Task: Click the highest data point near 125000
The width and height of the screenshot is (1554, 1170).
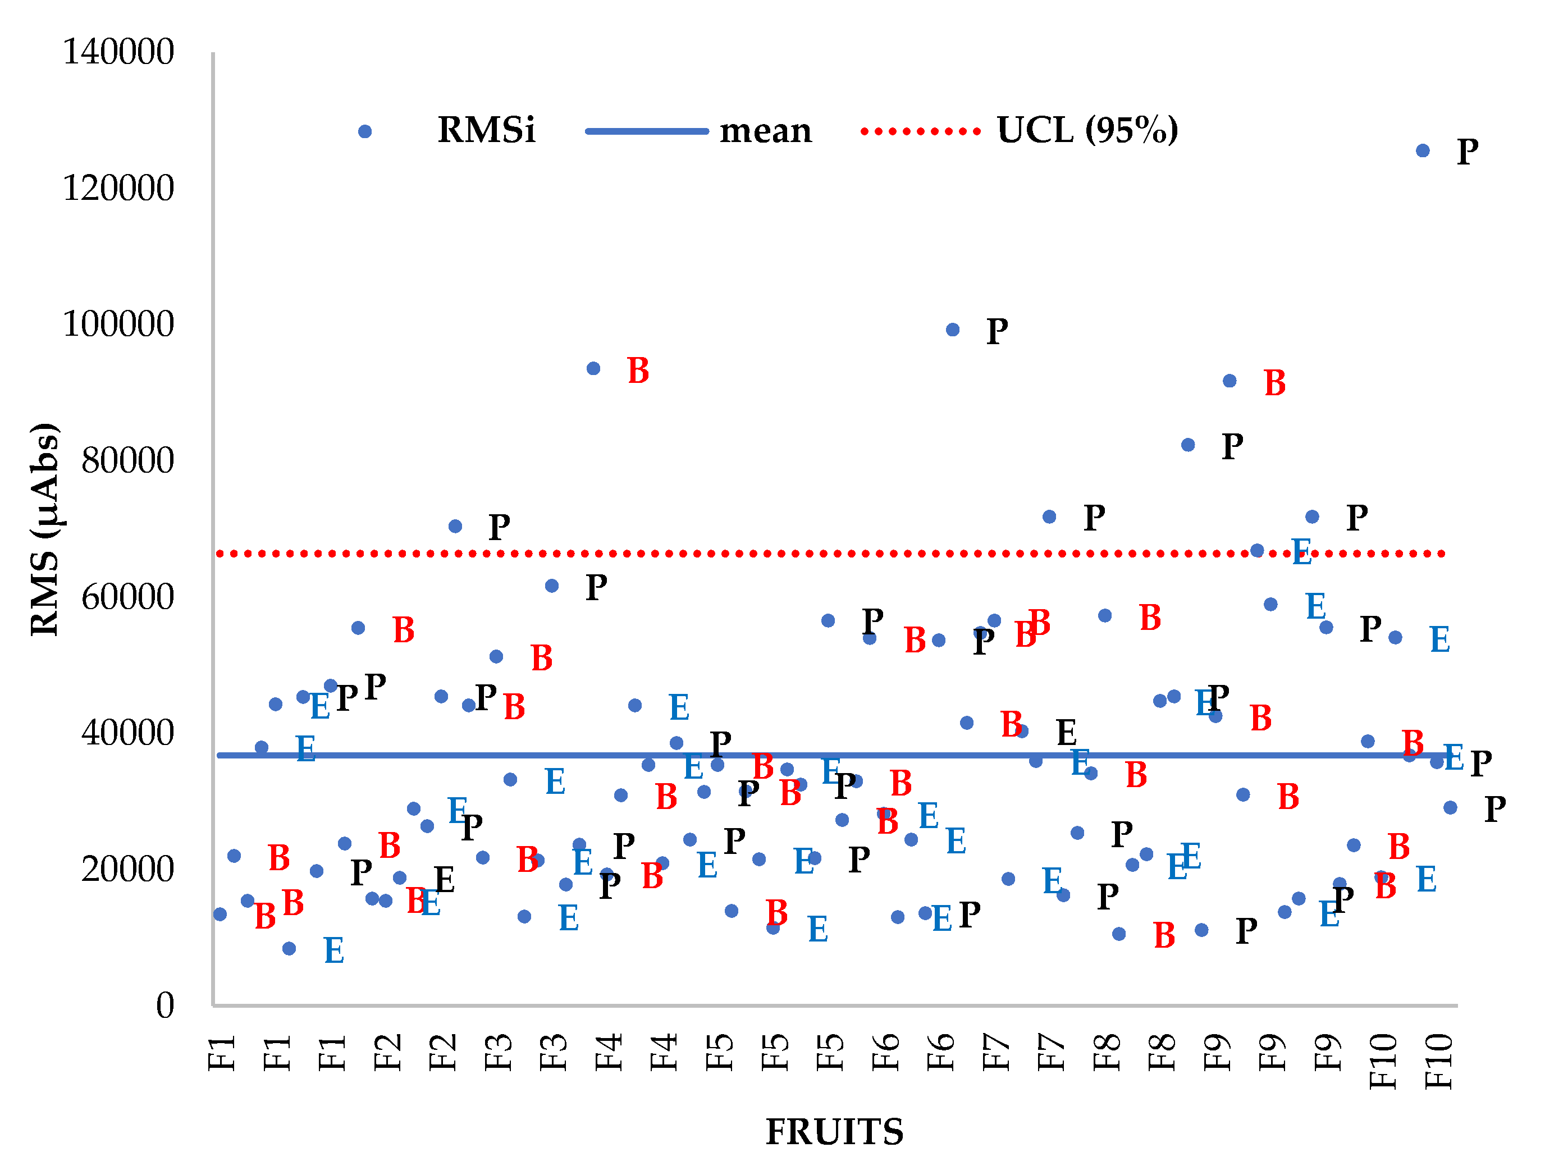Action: coord(1423,150)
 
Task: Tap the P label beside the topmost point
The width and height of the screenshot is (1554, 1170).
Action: coord(1468,152)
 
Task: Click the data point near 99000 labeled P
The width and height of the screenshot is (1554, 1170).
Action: coord(953,330)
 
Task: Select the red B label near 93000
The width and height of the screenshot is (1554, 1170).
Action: coord(638,371)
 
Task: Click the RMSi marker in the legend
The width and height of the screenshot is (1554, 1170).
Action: coord(364,131)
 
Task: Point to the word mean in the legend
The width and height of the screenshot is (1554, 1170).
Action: coord(765,131)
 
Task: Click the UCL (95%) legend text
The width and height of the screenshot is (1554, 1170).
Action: coord(1087,130)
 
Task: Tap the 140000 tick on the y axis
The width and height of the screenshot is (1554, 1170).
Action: coord(118,52)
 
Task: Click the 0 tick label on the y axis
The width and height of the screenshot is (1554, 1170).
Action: coord(164,1006)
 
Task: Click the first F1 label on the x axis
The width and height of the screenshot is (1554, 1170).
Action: coord(221,1053)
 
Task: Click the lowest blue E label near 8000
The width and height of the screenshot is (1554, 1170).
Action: coord(333,950)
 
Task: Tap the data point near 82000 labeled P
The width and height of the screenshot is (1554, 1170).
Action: coord(1188,445)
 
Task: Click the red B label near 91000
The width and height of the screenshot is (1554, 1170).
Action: coord(1274,383)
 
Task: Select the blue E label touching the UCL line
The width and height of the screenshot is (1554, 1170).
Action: coord(1301,552)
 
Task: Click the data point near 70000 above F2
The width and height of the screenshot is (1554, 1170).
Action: coord(455,526)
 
